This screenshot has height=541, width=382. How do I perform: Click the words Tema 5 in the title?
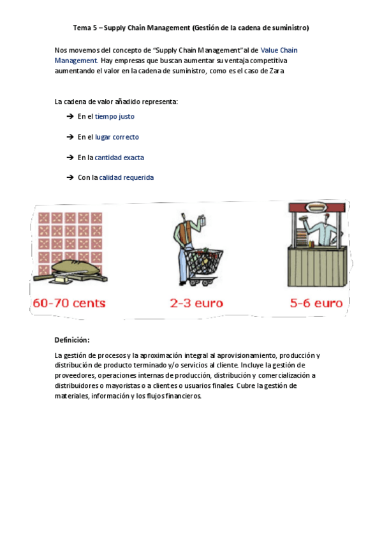(x=85, y=28)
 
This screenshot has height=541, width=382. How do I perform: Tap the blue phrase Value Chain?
(x=279, y=50)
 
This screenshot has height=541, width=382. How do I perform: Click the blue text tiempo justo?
(x=115, y=117)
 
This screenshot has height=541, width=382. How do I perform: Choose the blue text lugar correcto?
(x=117, y=137)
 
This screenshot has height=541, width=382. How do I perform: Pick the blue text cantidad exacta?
(x=121, y=158)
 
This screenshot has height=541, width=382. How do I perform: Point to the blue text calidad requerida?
(x=126, y=178)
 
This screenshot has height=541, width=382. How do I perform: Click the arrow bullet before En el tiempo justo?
(x=70, y=117)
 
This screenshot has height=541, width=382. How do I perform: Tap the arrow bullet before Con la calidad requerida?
(x=70, y=178)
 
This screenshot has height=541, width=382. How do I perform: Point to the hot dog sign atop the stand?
(x=317, y=207)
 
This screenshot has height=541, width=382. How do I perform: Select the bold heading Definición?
(x=71, y=339)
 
